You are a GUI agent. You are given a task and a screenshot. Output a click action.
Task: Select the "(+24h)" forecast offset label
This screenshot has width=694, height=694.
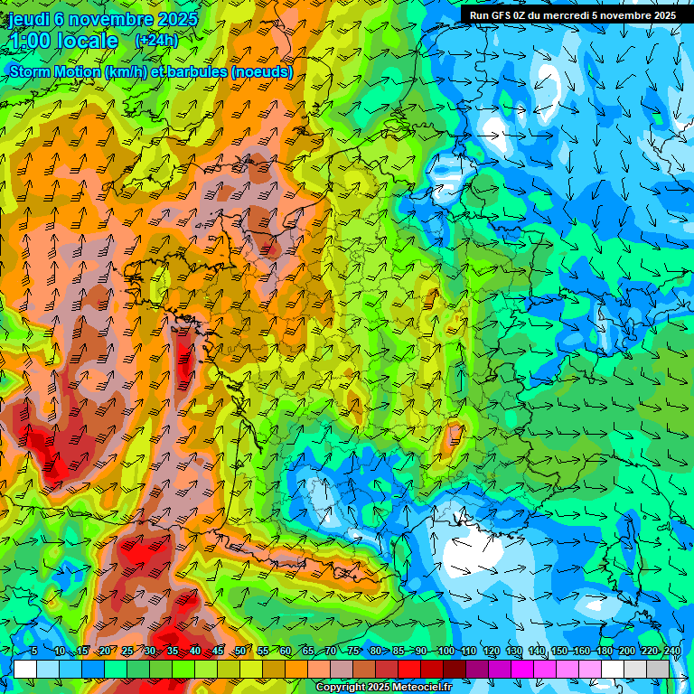click(x=156, y=40)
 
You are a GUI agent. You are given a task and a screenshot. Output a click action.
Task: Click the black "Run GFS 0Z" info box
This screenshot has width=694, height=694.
click(x=576, y=14)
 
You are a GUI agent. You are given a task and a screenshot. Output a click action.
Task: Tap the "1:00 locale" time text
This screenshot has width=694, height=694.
click(x=63, y=41)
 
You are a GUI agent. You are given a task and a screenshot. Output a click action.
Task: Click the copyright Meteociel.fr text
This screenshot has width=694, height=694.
click(x=383, y=688)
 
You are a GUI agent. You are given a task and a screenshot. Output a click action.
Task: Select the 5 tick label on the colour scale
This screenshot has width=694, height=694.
click(x=34, y=651)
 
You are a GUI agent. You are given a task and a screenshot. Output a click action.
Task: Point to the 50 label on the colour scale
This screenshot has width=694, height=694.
click(x=239, y=651)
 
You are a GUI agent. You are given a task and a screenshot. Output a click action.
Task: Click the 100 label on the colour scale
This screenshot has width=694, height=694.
click(x=445, y=651)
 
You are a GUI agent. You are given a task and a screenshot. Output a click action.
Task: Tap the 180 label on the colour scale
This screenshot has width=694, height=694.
click(x=605, y=651)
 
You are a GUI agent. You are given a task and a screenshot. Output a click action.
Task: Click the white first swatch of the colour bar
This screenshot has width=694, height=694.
click(x=25, y=669)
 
